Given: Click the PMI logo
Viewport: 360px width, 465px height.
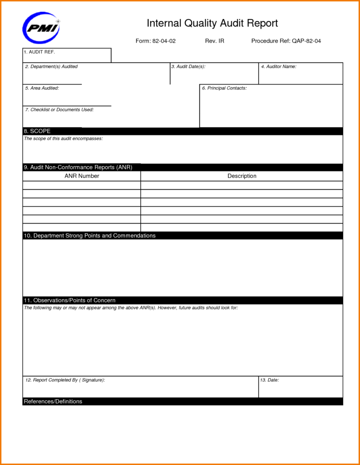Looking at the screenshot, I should (41, 28).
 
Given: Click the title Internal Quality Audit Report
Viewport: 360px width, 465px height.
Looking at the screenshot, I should (212, 23).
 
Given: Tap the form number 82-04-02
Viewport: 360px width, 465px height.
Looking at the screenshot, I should (156, 41).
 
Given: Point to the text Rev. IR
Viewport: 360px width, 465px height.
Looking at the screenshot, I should (215, 41).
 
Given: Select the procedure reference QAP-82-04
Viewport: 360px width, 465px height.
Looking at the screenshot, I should (286, 41).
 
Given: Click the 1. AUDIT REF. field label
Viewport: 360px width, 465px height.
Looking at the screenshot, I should (39, 52).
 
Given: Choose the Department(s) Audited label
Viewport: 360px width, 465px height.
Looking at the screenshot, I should (51, 67).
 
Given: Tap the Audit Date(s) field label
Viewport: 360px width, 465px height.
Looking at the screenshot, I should (188, 67).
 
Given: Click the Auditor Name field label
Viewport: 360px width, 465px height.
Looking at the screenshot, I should (278, 67).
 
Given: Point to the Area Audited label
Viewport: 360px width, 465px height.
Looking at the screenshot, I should (42, 88).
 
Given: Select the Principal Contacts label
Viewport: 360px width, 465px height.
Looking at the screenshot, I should (224, 88).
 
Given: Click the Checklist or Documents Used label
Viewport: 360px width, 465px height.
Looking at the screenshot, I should (59, 110).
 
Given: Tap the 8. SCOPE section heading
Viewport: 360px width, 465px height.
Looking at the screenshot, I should (37, 131).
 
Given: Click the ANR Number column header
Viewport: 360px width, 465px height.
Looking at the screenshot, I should (82, 176).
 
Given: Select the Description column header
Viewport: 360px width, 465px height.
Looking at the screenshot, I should (242, 176).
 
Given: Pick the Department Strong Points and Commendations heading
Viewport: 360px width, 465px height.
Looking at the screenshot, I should (89, 236).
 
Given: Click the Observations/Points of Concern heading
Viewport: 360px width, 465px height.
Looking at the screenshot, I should (69, 300).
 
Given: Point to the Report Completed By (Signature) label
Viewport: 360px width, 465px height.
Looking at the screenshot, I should (65, 380).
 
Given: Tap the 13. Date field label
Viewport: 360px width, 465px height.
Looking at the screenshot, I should (270, 380).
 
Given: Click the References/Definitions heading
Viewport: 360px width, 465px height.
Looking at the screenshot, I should (53, 401).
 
